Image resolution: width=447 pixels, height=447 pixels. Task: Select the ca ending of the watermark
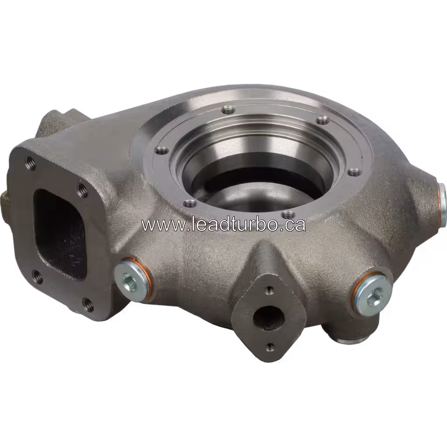pyautogui.click(x=296, y=225)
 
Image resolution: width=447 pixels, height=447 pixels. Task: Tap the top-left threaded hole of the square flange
pyautogui.click(x=31, y=163)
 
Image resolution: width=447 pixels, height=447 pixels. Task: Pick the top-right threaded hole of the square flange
pyautogui.click(x=81, y=189)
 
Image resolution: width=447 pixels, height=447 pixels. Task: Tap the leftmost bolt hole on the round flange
pyautogui.click(x=162, y=151)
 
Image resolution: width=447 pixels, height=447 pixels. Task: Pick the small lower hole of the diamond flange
pyautogui.click(x=270, y=347)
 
